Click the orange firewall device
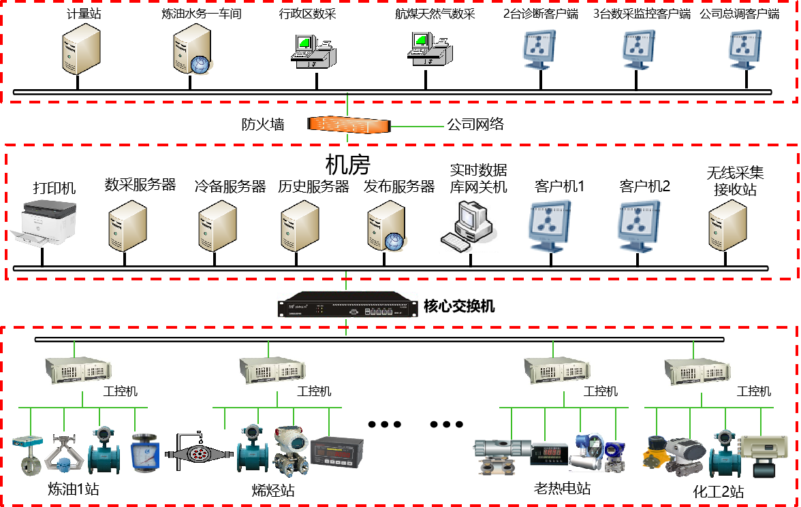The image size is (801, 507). point(348,125)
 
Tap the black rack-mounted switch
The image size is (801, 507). point(347,304)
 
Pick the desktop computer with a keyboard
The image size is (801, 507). point(468,226)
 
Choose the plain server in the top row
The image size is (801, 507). point(81,48)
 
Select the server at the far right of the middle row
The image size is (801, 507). point(727,225)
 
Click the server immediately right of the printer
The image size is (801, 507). point(127,226)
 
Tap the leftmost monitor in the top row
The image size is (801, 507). point(538,49)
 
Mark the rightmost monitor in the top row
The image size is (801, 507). point(743,49)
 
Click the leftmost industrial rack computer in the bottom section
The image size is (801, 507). point(79,370)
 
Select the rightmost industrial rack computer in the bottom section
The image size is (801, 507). point(698,370)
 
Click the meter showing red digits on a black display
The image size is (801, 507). point(547,453)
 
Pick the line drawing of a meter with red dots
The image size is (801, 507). point(198,452)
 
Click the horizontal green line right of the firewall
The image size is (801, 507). point(417,127)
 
